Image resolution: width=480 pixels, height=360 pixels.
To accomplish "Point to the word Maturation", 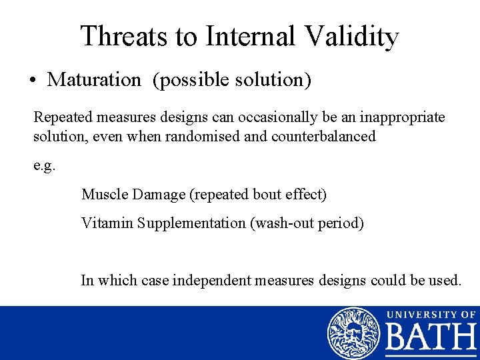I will (94, 80).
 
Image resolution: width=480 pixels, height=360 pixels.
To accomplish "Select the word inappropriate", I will (403, 117).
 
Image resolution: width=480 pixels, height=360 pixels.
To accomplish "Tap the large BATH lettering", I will (431, 340).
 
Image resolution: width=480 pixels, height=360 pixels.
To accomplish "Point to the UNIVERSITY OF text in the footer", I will (431, 314).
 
